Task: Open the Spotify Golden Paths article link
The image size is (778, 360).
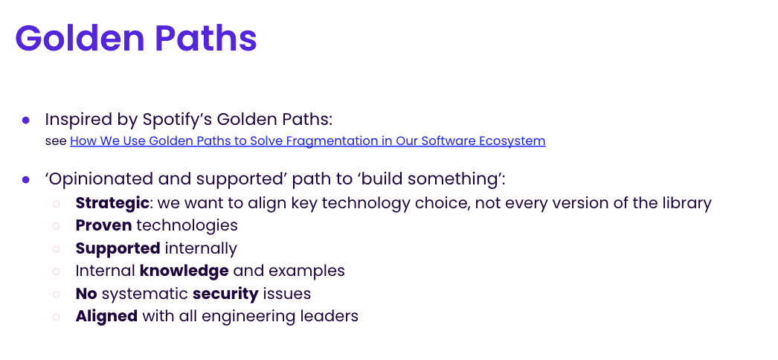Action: point(307,141)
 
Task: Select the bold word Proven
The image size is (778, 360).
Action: point(103,225)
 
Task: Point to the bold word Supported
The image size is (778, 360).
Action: point(118,248)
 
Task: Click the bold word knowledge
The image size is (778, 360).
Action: point(184,271)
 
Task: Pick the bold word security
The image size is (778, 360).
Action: point(225,293)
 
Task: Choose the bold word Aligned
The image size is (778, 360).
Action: point(106,316)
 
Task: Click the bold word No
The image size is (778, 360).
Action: point(86,293)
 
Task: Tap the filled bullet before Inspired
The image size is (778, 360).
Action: point(26,120)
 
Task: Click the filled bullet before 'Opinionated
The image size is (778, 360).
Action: point(26,179)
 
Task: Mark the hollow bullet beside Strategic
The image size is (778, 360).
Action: point(56,203)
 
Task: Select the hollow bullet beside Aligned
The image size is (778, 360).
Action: point(56,317)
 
